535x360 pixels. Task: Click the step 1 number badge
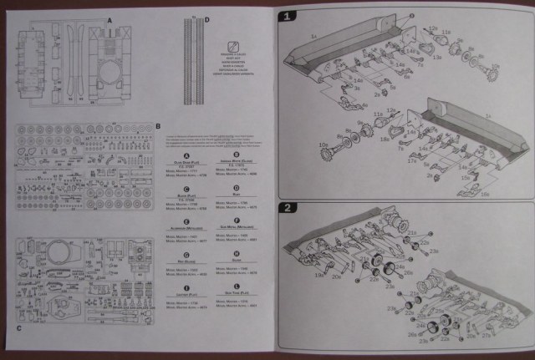pyautogui.click(x=286, y=16)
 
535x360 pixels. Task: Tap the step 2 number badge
pyautogui.click(x=286, y=207)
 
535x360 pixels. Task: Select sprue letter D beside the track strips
pyautogui.click(x=206, y=18)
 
